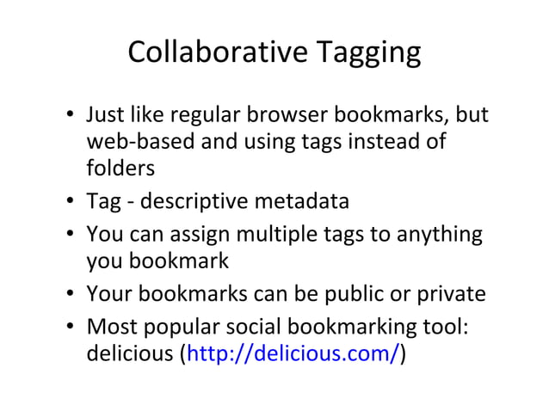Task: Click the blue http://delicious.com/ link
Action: [292, 354]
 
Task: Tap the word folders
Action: [120, 168]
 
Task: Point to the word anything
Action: [437, 234]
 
